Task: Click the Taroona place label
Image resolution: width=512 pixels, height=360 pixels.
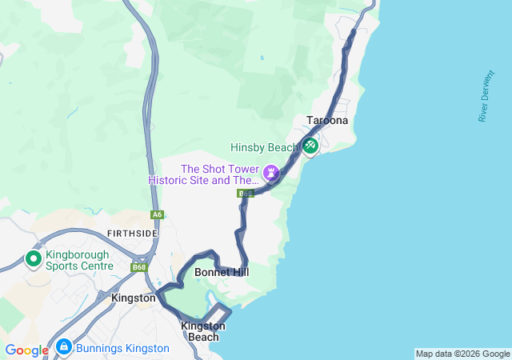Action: (x=327, y=121)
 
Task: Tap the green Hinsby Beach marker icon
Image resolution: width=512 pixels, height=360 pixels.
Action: (x=310, y=146)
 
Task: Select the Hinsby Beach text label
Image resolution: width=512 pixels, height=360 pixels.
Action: (x=264, y=147)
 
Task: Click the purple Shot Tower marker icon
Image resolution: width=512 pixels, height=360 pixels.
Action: (x=271, y=172)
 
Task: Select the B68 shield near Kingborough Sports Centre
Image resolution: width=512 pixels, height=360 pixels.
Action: (x=140, y=267)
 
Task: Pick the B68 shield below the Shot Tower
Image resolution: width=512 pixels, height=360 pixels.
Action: (x=245, y=194)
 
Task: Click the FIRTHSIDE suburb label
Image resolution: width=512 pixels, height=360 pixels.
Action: (x=132, y=233)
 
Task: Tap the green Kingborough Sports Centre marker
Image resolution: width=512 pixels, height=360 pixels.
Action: (x=34, y=258)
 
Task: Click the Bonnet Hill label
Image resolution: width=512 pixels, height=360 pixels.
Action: (x=222, y=273)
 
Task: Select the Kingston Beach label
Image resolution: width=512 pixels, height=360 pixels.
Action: (x=203, y=331)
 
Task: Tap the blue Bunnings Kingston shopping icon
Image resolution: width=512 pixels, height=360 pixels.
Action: (x=63, y=348)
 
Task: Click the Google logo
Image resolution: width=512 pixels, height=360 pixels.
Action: (x=26, y=350)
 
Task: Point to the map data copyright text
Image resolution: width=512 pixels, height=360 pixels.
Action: (x=462, y=354)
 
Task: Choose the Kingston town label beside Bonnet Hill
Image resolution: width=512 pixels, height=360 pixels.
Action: (x=134, y=298)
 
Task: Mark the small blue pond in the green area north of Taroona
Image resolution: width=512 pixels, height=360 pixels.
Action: (x=262, y=58)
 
